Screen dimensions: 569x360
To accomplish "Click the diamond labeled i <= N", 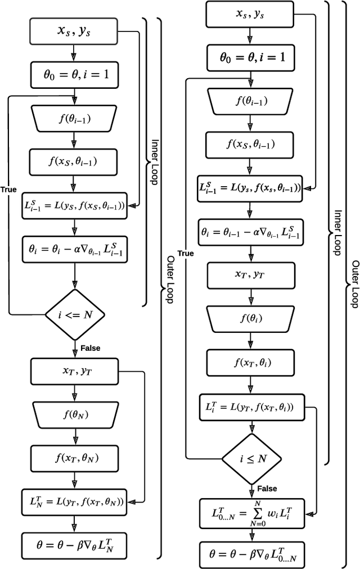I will point(74,314).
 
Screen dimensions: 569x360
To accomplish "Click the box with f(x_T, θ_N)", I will point(74,458).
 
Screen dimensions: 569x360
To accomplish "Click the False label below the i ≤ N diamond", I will point(267,489).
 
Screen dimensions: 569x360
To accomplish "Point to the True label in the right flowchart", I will point(186,254).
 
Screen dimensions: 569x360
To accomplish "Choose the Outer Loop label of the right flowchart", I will point(354,284).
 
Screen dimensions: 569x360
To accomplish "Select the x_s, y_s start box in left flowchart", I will point(74,32).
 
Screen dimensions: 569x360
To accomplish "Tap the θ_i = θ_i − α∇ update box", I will point(74,247).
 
